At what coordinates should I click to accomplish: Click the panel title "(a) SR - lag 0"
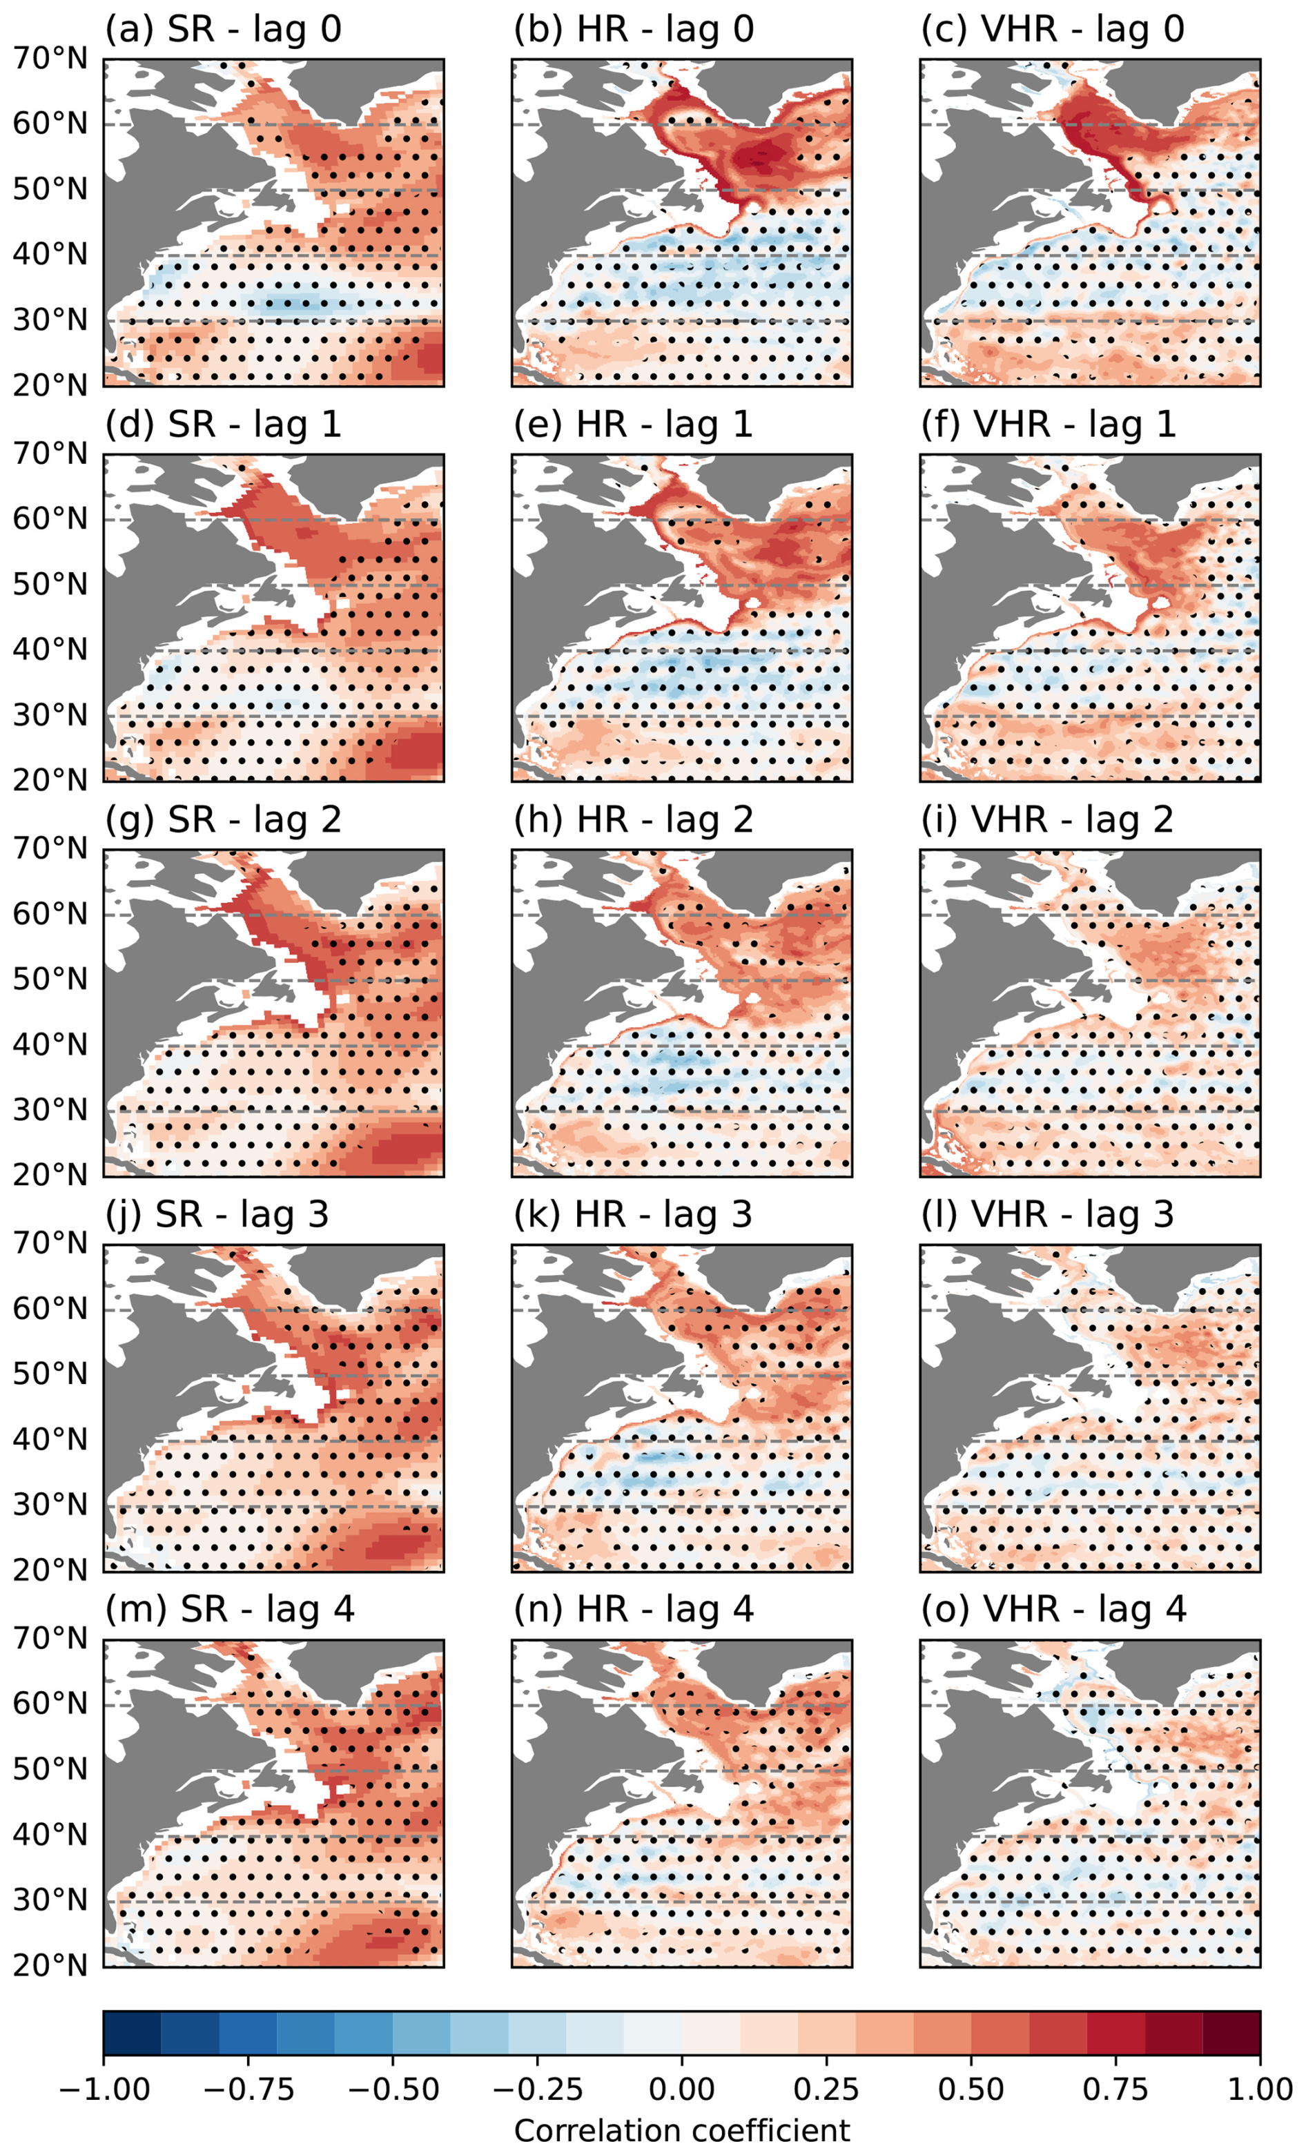[x=223, y=30]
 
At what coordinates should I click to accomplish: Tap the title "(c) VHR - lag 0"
[x=1052, y=30]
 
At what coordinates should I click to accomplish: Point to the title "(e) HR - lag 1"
[x=632, y=425]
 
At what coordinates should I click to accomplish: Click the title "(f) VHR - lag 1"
[x=1048, y=425]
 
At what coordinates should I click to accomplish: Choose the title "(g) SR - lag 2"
[x=223, y=820]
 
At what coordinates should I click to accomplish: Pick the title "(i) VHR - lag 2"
[x=1047, y=820]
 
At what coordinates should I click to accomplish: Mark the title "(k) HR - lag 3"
[x=632, y=1215]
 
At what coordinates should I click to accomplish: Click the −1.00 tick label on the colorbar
[x=104, y=2089]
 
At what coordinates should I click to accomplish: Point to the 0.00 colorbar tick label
[x=681, y=2089]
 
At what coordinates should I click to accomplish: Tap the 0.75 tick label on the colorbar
[x=1115, y=2089]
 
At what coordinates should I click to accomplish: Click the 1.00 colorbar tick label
[x=1260, y=2089]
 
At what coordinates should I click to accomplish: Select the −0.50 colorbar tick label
[x=393, y=2089]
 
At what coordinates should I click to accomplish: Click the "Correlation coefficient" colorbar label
[x=681, y=2132]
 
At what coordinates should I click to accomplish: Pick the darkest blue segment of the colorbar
[x=132, y=2034]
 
